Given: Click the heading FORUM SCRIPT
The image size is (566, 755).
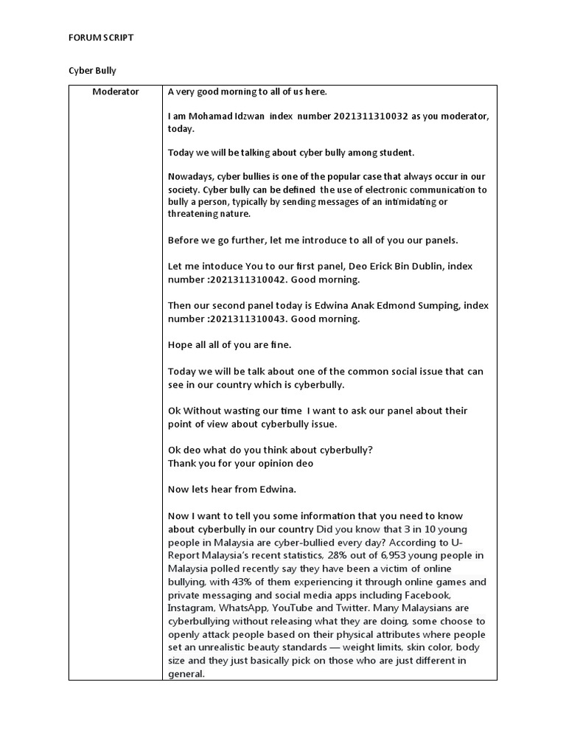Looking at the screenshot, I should [101, 38].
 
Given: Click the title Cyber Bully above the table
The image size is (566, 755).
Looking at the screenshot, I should [92, 71].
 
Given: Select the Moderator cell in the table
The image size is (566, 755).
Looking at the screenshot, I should [115, 92].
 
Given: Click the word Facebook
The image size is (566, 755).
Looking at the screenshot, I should [424, 595].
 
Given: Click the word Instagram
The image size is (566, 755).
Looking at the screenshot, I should [190, 608].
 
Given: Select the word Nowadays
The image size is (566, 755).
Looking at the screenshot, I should [190, 177].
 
